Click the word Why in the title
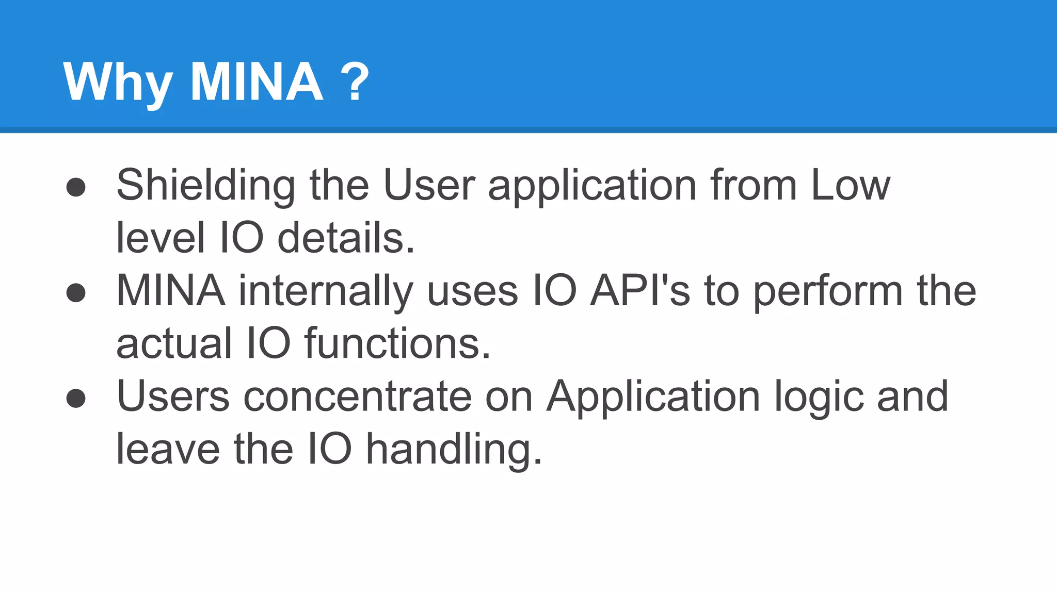[118, 82]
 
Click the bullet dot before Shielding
[76, 187]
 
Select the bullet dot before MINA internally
[76, 293]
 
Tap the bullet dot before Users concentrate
[76, 398]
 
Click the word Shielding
[206, 186]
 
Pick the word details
[346, 238]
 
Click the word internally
[326, 291]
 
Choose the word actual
[174, 343]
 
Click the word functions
[397, 343]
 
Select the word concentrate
[357, 397]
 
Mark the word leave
[168, 449]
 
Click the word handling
[454, 450]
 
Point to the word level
[161, 238]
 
